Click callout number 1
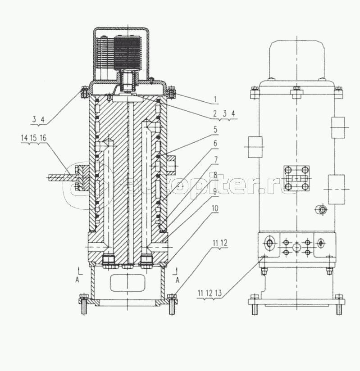click(215, 100)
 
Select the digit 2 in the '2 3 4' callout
click(215, 114)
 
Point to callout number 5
click(215, 129)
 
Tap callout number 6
click(215, 144)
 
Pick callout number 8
click(215, 175)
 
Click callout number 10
click(215, 208)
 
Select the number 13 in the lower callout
click(218, 293)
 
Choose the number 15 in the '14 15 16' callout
click(33, 138)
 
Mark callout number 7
click(215, 160)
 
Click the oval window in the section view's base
click(128, 283)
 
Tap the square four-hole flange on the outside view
click(297, 178)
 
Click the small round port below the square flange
click(321, 209)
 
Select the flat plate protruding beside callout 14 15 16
click(61, 178)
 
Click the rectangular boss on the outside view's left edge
click(255, 147)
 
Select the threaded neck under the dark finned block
click(128, 81)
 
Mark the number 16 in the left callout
click(43, 138)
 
